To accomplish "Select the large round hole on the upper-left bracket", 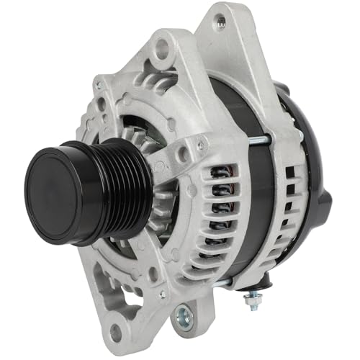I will click(162, 49).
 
